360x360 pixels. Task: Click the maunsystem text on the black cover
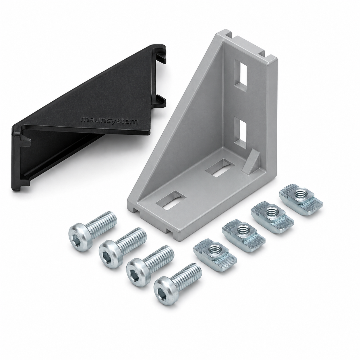(x=110, y=121)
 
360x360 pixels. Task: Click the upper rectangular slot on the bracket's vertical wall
(x=241, y=76)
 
